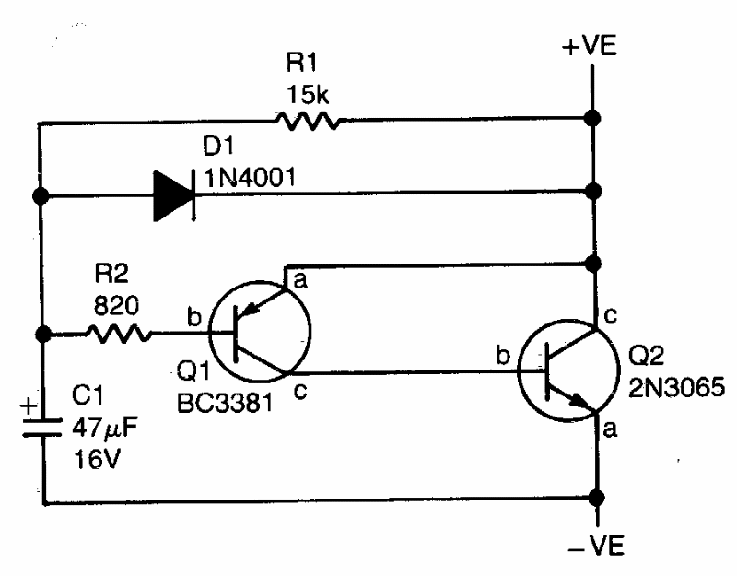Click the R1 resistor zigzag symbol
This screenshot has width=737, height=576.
coord(306,120)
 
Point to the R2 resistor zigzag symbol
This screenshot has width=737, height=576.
coord(119,335)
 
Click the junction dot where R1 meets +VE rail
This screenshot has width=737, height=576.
coord(595,120)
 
